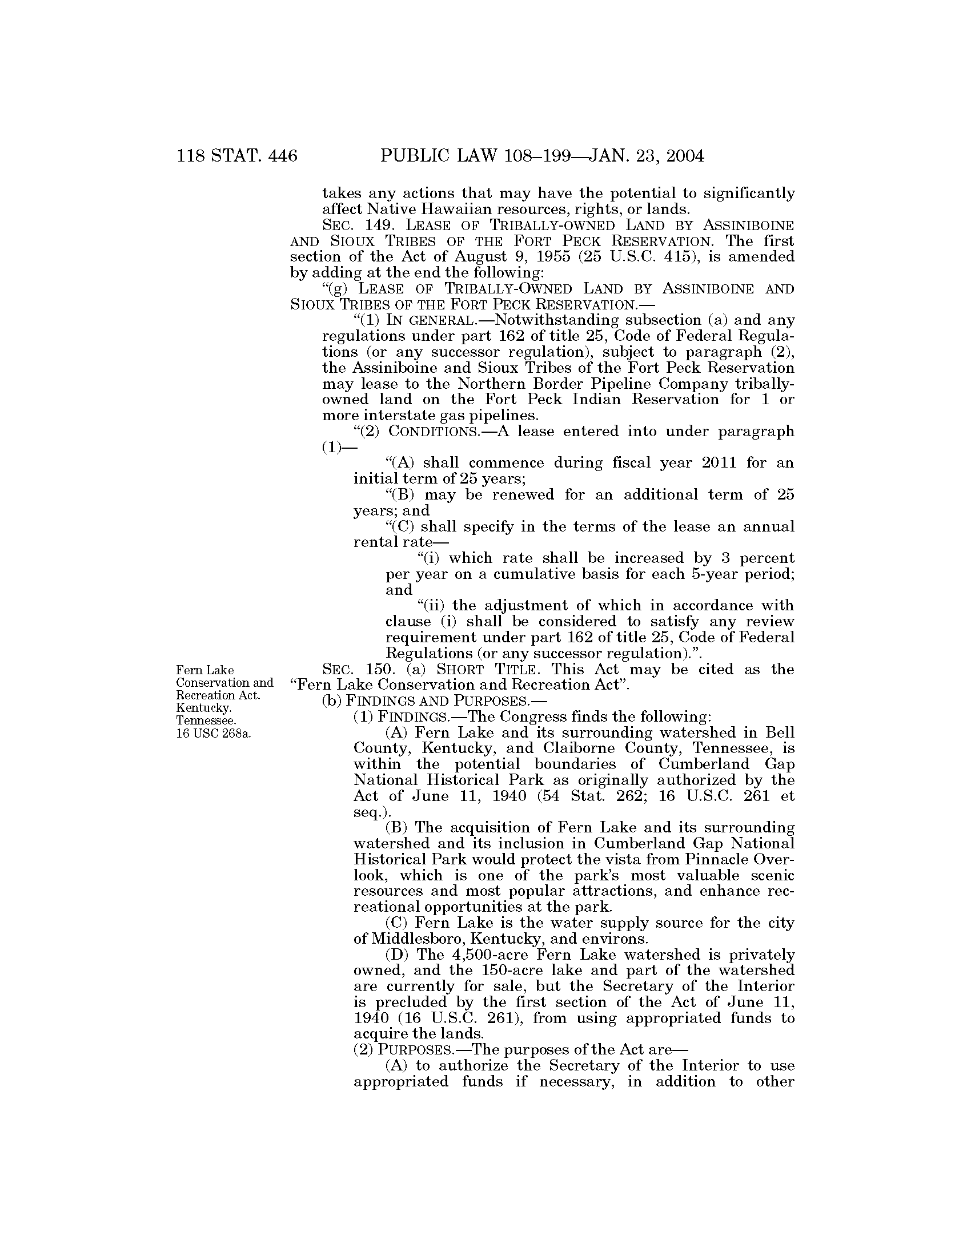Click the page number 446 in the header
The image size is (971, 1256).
click(x=279, y=156)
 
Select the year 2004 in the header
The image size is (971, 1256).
click(x=679, y=156)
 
